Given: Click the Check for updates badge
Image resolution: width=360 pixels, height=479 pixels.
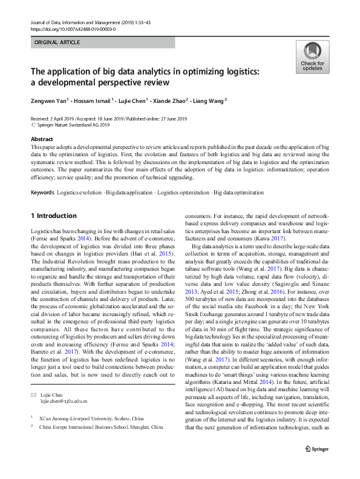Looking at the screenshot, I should [312, 57].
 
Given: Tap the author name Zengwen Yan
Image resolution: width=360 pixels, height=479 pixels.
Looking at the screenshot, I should [50, 101].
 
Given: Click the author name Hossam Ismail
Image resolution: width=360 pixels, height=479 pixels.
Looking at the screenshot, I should [94, 101].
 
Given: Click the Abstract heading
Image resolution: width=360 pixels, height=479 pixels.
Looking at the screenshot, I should [41, 139].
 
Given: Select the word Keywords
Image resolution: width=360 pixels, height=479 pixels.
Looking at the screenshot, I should [42, 193].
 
